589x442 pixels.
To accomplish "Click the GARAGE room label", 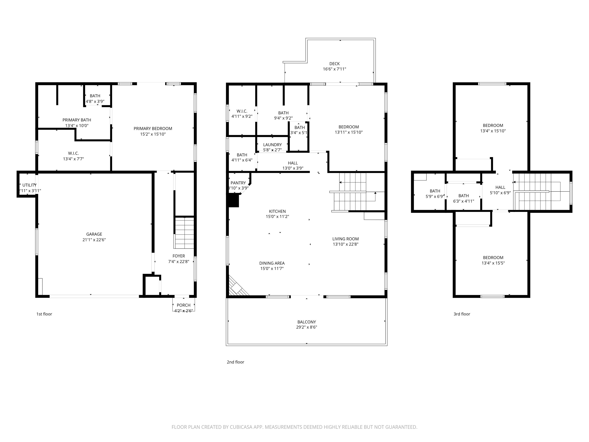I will (94, 234).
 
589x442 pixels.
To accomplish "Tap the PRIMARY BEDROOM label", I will (153, 128).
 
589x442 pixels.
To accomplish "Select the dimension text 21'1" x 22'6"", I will (94, 240).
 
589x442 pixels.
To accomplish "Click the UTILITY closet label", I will (29, 185).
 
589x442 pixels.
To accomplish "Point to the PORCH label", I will (183, 305).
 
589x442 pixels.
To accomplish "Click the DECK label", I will (334, 64).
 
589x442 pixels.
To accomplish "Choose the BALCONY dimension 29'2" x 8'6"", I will (306, 327).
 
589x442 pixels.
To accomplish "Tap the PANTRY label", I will (238, 183).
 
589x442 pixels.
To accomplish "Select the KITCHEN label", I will (277, 211).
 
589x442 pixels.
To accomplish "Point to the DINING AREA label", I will (272, 263).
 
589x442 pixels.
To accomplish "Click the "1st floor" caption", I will (44, 314).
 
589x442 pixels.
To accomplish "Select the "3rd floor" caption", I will (462, 314).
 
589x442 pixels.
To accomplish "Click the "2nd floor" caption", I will (235, 362).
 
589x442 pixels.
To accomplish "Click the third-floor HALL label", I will (500, 187).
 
